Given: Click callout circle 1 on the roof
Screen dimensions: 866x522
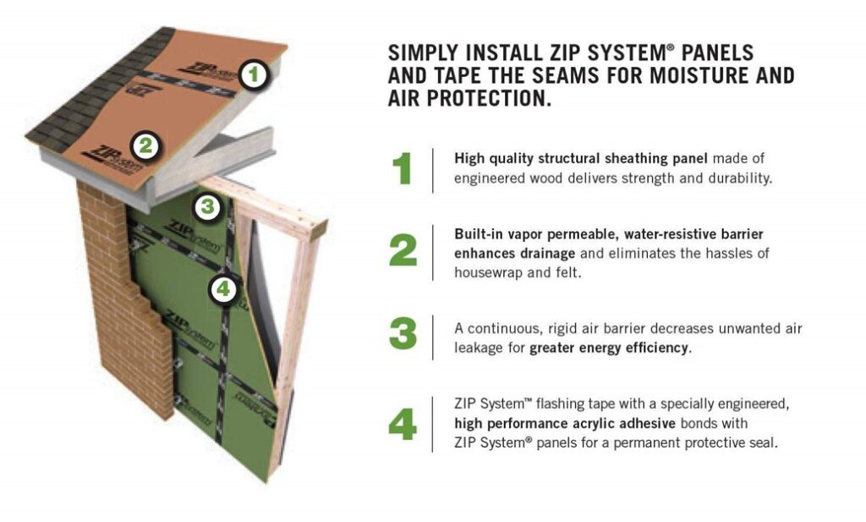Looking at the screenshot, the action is click(x=254, y=74).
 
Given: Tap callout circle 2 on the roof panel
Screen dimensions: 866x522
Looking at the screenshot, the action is click(x=145, y=146).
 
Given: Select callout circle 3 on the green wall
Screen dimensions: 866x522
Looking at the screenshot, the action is click(x=208, y=206).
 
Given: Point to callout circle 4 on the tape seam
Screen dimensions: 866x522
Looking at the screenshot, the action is click(x=223, y=288).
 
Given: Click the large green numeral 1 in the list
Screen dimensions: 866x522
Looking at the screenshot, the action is click(x=402, y=168).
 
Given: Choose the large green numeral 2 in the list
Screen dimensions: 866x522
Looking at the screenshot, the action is click(x=403, y=250).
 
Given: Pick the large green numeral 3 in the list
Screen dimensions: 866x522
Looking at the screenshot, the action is click(x=403, y=333).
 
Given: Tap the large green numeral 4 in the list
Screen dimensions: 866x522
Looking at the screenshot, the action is click(x=403, y=425).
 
